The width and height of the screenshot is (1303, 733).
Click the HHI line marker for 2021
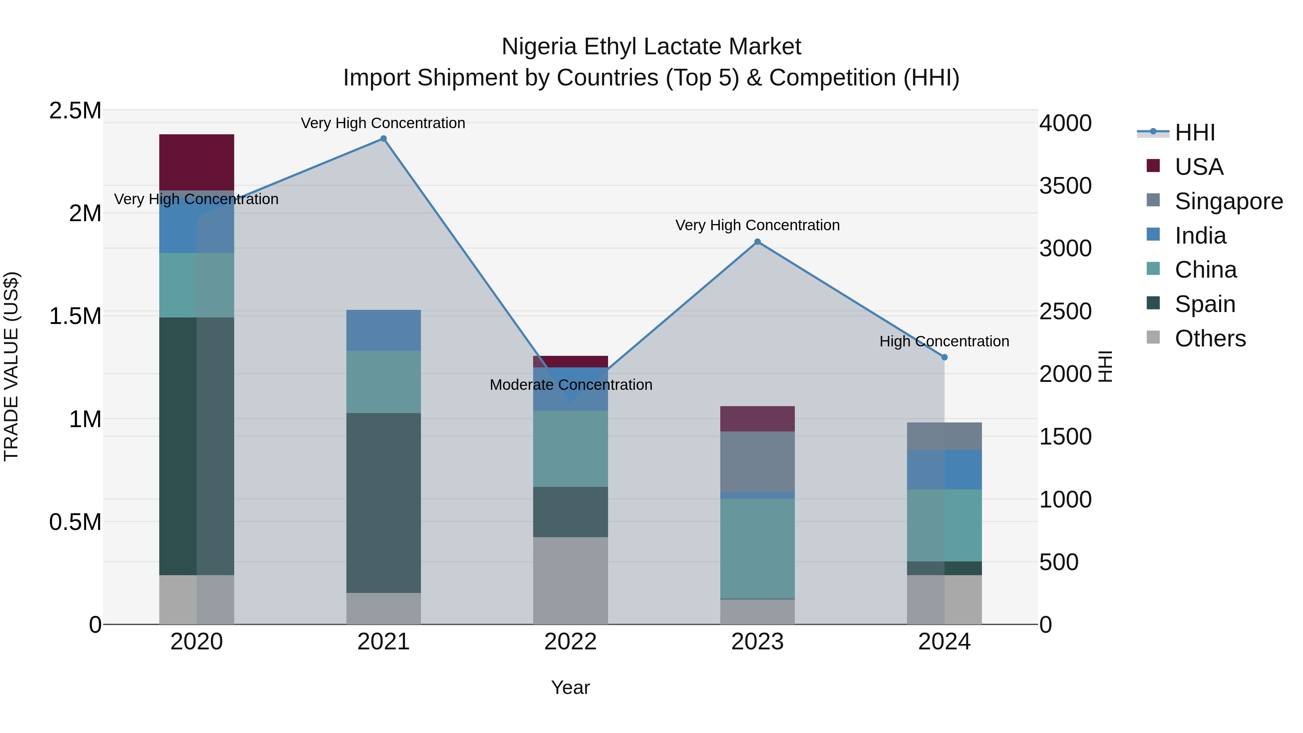click(383, 139)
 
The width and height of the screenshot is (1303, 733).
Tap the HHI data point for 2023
click(757, 242)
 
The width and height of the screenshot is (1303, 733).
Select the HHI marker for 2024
click(944, 357)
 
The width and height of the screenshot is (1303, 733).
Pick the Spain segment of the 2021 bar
click(383, 502)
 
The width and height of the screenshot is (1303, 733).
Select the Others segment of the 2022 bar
click(570, 580)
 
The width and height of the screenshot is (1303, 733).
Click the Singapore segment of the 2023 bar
click(757, 462)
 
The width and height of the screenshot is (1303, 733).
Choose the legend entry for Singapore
click(1228, 201)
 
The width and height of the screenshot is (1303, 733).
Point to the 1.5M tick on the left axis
click(75, 316)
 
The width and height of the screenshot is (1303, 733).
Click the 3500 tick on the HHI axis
click(1065, 186)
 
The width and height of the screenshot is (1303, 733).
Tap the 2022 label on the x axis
click(570, 641)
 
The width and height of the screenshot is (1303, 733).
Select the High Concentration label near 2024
click(944, 341)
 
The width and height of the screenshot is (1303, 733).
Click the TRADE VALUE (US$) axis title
click(11, 366)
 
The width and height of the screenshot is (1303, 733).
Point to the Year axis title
click(570, 687)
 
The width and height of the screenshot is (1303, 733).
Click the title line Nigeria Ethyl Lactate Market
click(651, 47)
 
